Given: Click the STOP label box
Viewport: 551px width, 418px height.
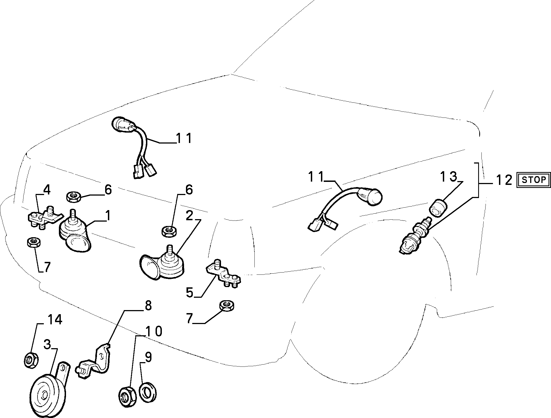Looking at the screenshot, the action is [533, 180].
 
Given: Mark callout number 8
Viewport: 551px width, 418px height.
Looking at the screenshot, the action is [148, 306].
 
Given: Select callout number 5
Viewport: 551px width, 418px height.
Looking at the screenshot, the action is [190, 292].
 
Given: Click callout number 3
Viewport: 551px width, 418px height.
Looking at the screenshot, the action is [47, 345].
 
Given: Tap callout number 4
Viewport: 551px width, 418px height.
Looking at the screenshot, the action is [47, 190].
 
